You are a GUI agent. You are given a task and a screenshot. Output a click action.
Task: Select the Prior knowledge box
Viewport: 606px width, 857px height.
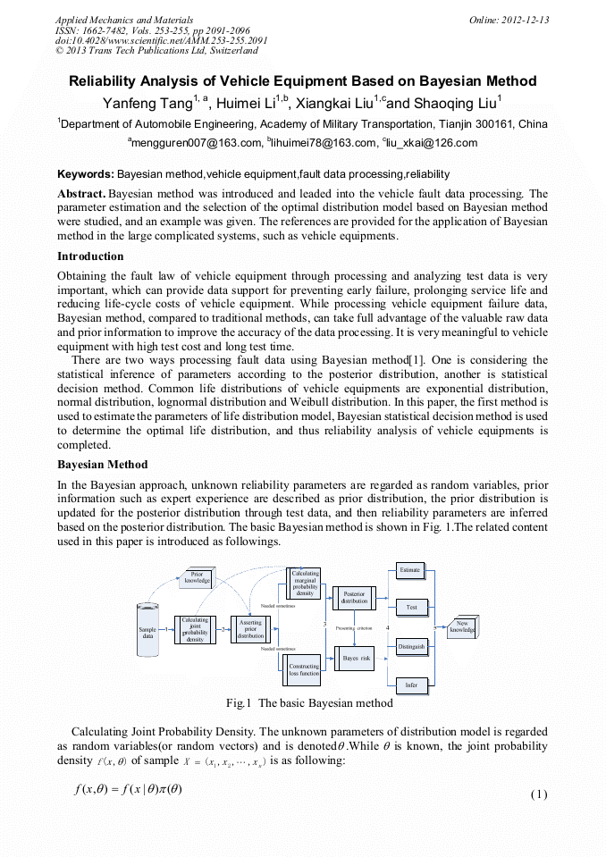(x=197, y=577)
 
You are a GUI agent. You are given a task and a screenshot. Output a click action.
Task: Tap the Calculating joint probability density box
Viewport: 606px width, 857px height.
(x=195, y=629)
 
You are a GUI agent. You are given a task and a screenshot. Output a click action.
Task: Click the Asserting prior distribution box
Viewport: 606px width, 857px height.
(x=251, y=629)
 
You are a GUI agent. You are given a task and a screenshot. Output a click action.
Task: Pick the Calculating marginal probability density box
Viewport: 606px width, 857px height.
(x=305, y=583)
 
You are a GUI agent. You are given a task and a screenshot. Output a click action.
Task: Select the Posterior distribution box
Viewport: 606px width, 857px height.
(x=354, y=597)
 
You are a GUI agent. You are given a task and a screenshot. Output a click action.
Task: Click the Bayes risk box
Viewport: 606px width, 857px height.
(x=355, y=658)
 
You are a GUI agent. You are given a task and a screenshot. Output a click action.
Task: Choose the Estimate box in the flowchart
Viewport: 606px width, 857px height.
(x=410, y=569)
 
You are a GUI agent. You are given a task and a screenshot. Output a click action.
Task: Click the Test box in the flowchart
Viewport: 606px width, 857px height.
(x=411, y=607)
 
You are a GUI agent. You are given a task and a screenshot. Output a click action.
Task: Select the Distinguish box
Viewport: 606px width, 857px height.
(x=411, y=646)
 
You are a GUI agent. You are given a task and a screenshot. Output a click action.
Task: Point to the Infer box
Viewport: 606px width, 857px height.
(x=411, y=685)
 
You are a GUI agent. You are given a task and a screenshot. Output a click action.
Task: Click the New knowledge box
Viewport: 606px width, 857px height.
(x=463, y=626)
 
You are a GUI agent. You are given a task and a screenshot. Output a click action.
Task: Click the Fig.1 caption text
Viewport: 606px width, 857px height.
(x=309, y=703)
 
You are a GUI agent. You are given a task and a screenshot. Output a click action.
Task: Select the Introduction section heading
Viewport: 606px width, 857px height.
(x=90, y=256)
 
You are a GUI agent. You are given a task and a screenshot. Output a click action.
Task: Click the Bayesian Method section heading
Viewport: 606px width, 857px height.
(x=103, y=465)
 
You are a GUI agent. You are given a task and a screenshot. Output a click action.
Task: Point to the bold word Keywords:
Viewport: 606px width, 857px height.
(x=85, y=174)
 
